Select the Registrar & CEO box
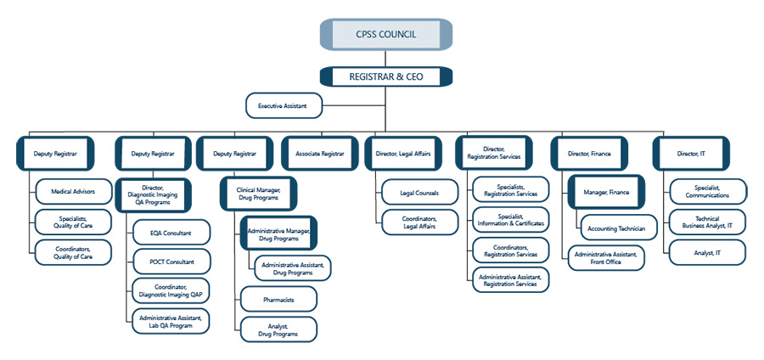click(x=385, y=76)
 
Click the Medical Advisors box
click(x=73, y=192)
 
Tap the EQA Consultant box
click(x=171, y=232)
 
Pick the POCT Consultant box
click(x=171, y=262)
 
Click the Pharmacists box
click(x=278, y=298)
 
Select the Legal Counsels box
click(x=419, y=193)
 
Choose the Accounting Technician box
click(x=617, y=228)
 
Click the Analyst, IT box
click(x=707, y=252)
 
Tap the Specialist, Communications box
click(x=707, y=192)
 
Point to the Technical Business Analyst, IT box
click(x=707, y=222)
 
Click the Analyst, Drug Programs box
click(x=278, y=329)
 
